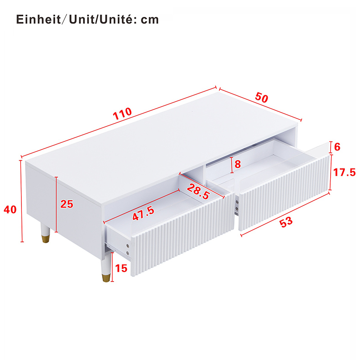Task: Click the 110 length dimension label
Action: (122, 114)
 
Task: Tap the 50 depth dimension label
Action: (262, 97)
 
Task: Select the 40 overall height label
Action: (10, 209)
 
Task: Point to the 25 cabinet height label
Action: (67, 204)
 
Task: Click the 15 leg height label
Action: (121, 268)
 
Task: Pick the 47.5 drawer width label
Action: (143, 214)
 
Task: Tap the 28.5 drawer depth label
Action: (198, 191)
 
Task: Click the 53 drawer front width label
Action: (286, 222)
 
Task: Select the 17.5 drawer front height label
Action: (344, 172)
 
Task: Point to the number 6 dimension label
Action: (337, 147)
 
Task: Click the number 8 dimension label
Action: (238, 164)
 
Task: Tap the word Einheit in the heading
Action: (38, 19)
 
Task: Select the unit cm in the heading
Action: (150, 20)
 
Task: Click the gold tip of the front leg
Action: (106, 278)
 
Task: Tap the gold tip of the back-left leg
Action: (46, 239)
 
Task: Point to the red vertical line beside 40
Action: (22, 201)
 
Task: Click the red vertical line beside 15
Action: (112, 267)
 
